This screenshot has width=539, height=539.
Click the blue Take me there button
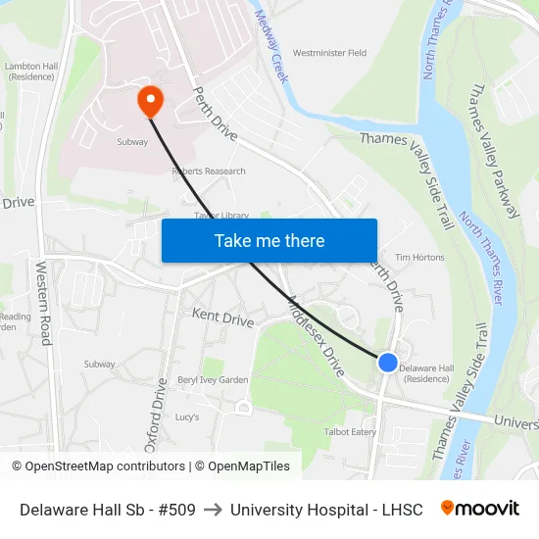tap(269, 240)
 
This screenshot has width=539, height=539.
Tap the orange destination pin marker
tap(150, 100)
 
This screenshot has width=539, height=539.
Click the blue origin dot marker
tap(388, 363)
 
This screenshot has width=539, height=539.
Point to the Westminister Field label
tap(329, 53)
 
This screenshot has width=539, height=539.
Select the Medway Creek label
tap(270, 46)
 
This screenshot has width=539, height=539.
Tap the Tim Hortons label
tap(419, 258)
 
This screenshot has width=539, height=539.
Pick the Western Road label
tap(44, 303)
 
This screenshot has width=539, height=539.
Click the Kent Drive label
tap(222, 318)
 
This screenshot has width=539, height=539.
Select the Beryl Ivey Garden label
tap(213, 380)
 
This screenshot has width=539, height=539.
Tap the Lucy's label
tap(187, 416)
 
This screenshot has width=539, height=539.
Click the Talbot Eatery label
tap(350, 431)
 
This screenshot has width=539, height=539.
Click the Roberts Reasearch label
tap(209, 171)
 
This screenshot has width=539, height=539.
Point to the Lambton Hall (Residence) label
tap(28, 71)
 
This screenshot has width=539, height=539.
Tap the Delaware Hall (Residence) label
tap(426, 373)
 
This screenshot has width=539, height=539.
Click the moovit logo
tap(479, 509)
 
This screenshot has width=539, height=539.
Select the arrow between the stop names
tap(213, 510)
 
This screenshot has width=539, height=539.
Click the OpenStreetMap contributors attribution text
tap(99, 466)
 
